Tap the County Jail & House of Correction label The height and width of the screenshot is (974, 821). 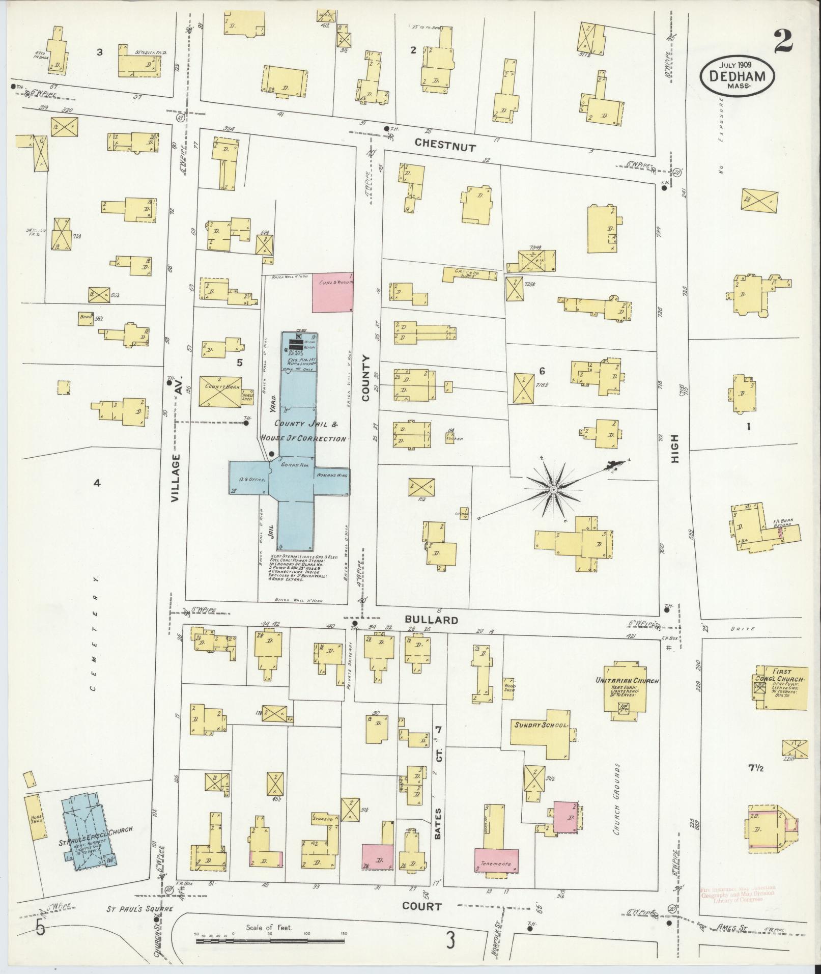303,431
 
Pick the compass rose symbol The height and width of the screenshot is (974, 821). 553,489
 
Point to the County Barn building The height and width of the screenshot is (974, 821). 220,392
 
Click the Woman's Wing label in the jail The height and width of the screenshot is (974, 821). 332,475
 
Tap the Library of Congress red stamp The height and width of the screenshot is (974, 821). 738,894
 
